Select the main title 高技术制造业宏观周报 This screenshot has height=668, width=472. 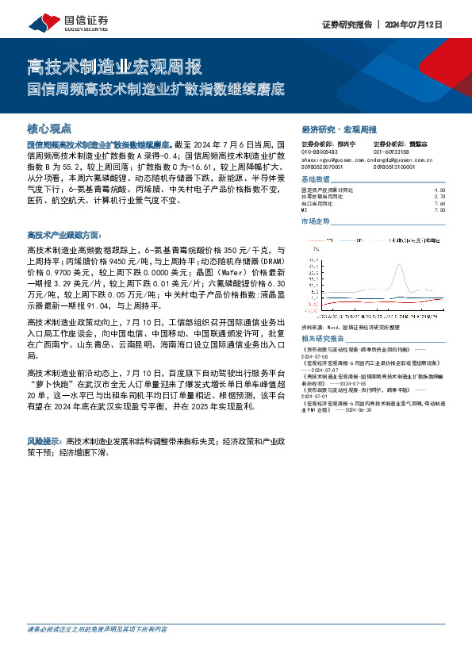point(114,65)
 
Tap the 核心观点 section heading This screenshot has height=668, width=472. point(49,128)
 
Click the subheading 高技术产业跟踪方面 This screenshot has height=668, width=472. point(64,236)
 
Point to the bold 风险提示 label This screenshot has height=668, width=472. point(45,440)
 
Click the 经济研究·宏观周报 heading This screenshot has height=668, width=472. point(339,129)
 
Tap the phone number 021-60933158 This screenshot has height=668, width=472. point(391,152)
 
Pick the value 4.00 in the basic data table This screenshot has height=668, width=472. point(440,190)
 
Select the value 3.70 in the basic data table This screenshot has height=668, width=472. point(440,197)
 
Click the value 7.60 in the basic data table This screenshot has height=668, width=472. point(440,203)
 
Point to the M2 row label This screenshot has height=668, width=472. point(305,209)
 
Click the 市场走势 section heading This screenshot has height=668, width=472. point(316,221)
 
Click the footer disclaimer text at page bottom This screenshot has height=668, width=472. point(97,651)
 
